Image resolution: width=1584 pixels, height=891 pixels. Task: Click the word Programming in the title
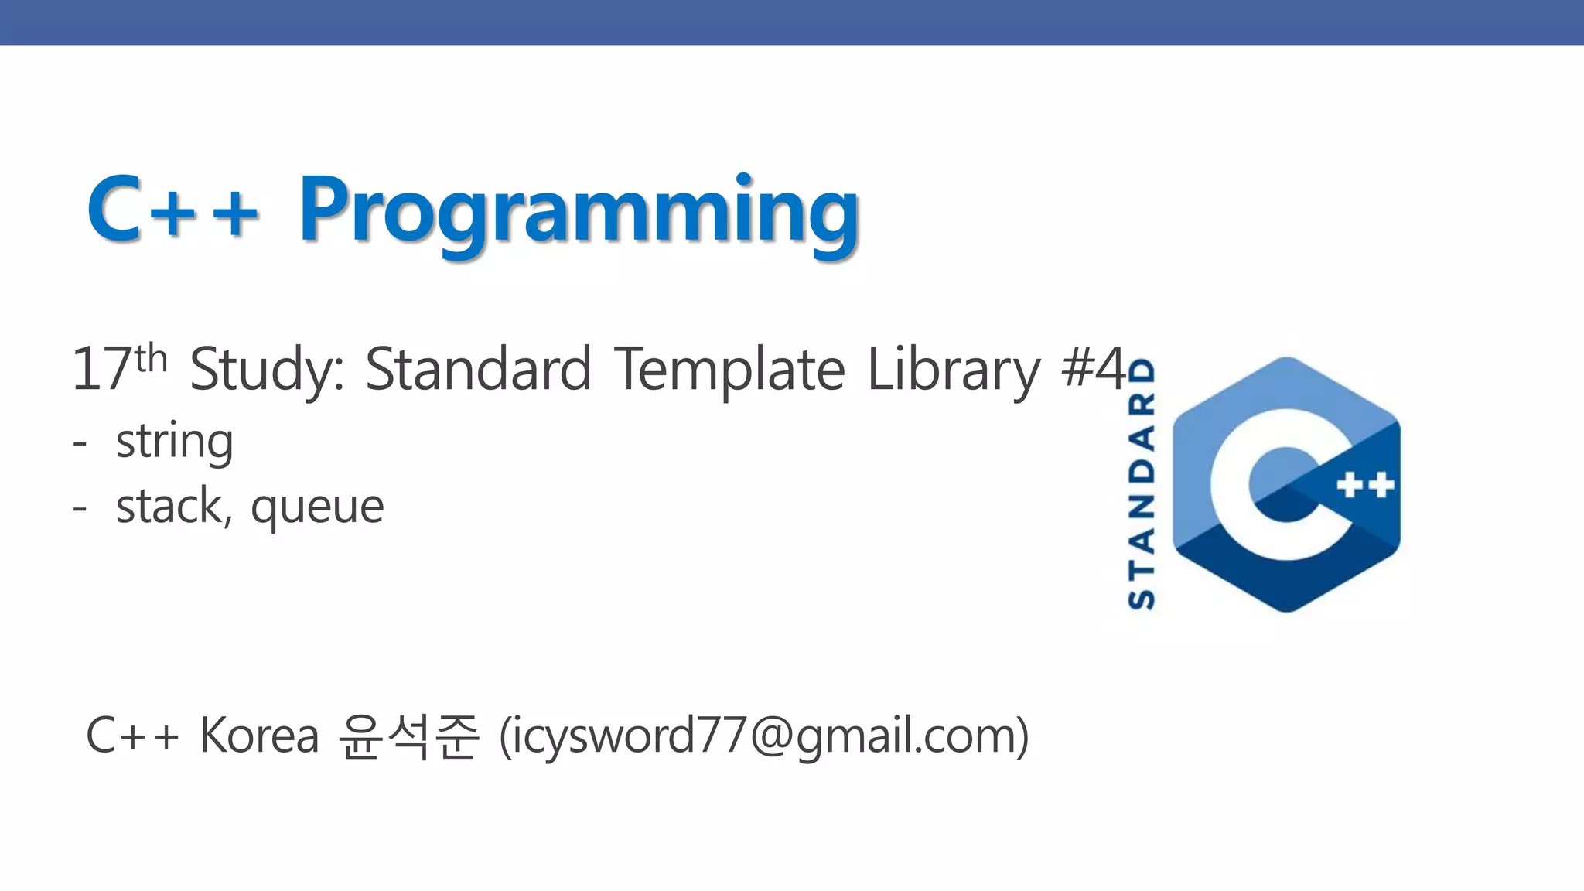click(x=579, y=210)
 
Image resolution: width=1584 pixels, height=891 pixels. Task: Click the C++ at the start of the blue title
click(x=172, y=209)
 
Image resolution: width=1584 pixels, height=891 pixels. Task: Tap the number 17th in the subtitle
click(x=118, y=368)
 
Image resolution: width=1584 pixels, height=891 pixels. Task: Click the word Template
click(x=729, y=370)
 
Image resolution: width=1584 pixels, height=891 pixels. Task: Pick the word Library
click(x=954, y=370)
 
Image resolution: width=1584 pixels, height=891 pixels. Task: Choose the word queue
click(x=317, y=509)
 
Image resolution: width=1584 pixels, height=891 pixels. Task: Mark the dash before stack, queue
click(x=80, y=509)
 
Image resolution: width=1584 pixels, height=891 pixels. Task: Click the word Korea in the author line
click(x=259, y=735)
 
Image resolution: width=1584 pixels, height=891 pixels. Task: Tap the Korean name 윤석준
click(x=408, y=736)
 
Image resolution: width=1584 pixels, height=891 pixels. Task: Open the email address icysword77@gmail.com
click(x=764, y=736)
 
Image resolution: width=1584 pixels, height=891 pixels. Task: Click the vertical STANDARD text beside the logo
click(x=1142, y=483)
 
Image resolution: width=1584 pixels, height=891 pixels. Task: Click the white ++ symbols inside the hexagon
click(x=1365, y=486)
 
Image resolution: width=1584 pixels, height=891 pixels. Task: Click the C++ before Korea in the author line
click(x=132, y=735)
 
